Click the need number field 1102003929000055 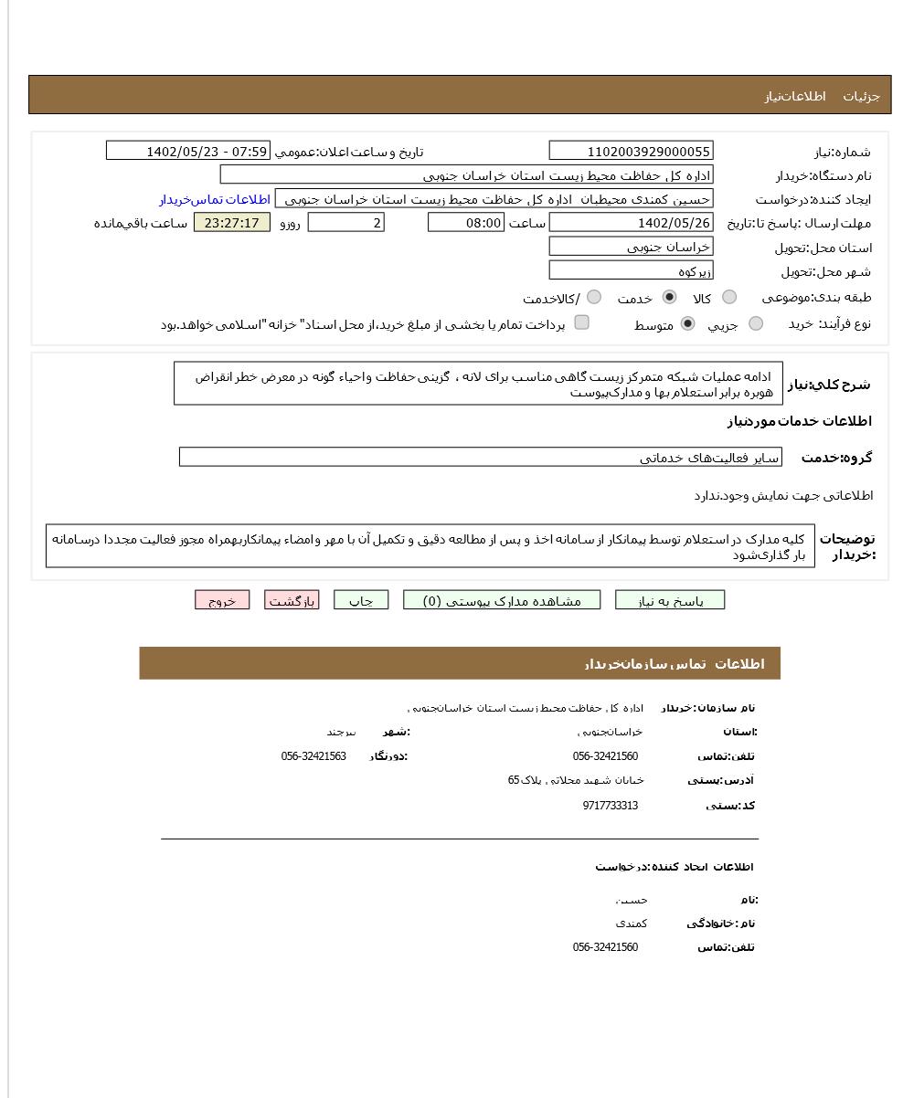[631, 152]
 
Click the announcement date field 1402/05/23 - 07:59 [188, 152]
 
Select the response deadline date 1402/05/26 [631, 223]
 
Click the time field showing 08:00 [465, 223]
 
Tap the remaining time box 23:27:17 [232, 223]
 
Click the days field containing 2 [345, 223]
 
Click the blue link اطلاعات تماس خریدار [215, 199]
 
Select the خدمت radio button [670, 297]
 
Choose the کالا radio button [729, 297]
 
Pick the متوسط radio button [688, 323]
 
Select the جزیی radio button [756, 323]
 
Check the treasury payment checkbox [581, 322]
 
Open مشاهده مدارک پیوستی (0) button [502, 600]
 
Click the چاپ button [361, 600]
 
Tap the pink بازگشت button [292, 600]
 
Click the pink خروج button [222, 600]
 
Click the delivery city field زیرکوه [631, 271]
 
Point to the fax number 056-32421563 [313, 756]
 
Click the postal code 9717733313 [610, 806]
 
